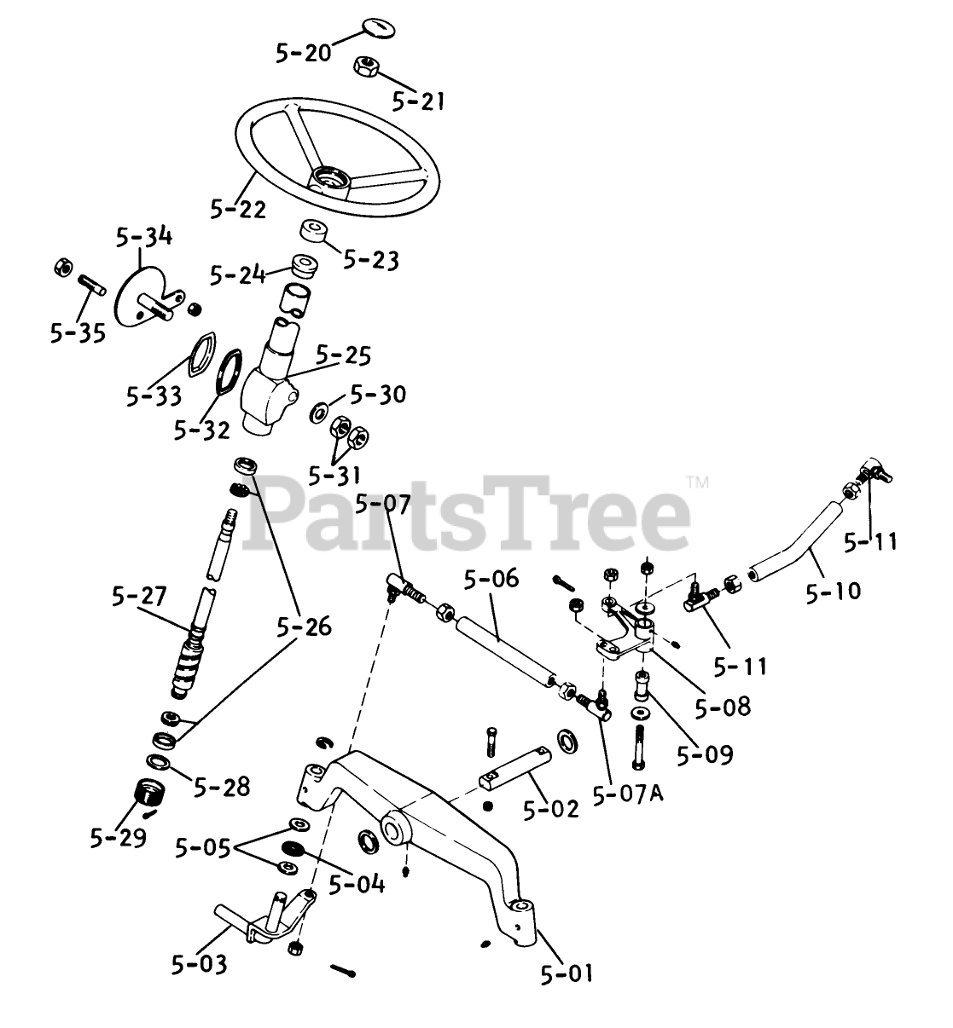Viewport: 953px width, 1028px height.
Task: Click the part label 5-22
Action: (238, 207)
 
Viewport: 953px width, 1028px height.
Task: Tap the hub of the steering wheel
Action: (329, 180)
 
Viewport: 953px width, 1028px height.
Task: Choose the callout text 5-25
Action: (344, 355)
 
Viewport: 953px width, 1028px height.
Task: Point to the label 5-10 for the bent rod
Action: (833, 590)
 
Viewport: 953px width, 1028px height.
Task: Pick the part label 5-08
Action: (722, 706)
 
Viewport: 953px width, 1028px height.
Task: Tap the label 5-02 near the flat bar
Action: (551, 807)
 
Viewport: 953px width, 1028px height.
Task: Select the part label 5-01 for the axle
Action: (566, 972)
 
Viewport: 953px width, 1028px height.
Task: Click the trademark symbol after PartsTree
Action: (697, 482)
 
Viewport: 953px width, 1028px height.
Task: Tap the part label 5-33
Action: (154, 395)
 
